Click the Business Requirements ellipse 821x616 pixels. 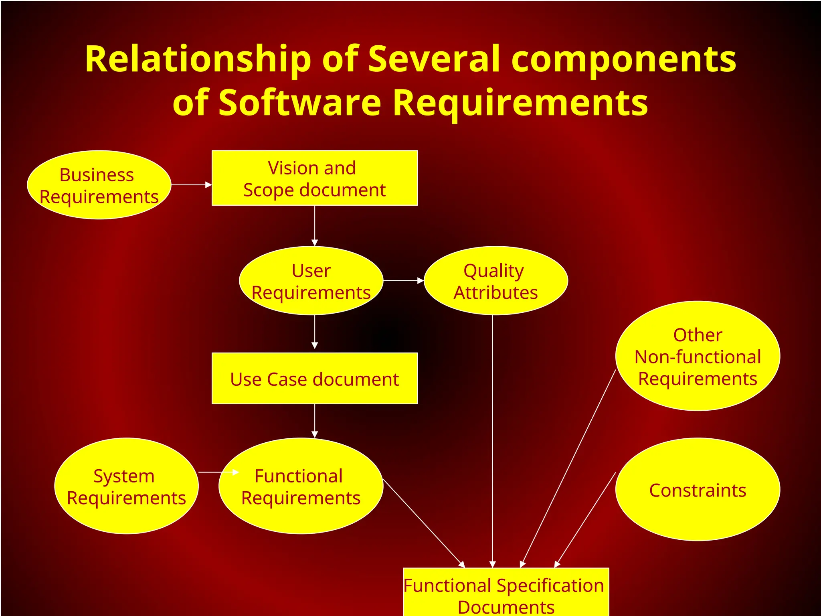(x=99, y=185)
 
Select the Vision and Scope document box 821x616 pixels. (x=314, y=178)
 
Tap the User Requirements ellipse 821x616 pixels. (x=311, y=281)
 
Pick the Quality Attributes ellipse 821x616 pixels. (x=495, y=281)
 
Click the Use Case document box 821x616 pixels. (x=314, y=378)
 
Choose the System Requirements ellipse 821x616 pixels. (x=126, y=486)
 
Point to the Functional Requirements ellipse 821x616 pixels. (x=301, y=486)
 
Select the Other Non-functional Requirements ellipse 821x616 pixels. (x=698, y=356)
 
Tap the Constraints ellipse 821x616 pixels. (x=698, y=489)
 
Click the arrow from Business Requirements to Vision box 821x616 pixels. (x=191, y=185)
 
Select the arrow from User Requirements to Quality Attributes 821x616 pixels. (x=403, y=281)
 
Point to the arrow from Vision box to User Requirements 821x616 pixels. (x=315, y=225)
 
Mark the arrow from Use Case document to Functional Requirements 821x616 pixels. (x=315, y=420)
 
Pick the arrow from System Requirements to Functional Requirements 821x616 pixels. (x=218, y=472)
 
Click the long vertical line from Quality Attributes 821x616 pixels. (x=493, y=441)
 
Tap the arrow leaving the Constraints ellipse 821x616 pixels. (x=585, y=519)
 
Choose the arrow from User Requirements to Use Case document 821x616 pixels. (x=315, y=332)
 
